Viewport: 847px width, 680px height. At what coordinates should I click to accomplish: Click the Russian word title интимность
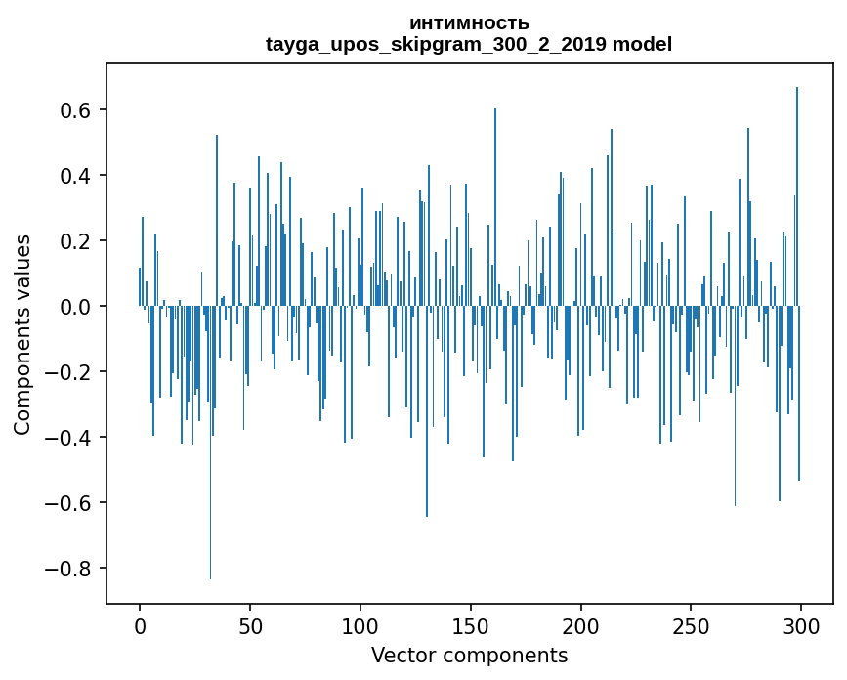point(469,23)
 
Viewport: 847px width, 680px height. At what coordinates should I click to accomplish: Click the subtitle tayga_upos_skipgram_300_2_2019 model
point(469,44)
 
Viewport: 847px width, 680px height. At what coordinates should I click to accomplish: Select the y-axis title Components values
point(22,334)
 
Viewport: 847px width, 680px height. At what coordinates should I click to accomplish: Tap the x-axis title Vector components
point(469,655)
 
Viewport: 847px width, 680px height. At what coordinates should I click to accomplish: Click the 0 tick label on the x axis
point(140,624)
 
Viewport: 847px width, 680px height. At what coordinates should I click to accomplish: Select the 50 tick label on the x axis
point(250,624)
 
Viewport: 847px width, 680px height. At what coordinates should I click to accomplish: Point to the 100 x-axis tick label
point(360,624)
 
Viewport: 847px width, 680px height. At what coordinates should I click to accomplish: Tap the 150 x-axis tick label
point(471,624)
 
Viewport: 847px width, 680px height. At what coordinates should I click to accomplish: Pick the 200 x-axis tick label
point(581,624)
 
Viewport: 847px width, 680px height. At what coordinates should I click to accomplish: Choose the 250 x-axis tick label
point(691,624)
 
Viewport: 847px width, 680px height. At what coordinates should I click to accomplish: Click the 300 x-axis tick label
point(801,624)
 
